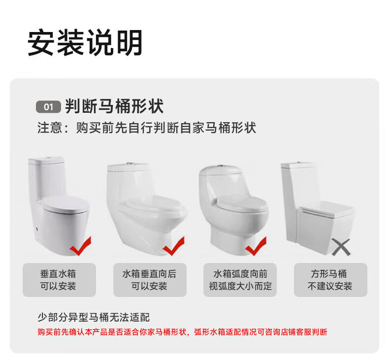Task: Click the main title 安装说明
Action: click(85, 42)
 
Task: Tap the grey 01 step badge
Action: click(48, 107)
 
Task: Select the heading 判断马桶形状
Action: click(114, 106)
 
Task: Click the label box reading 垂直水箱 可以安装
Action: click(59, 280)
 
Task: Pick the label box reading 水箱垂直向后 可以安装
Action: click(150, 280)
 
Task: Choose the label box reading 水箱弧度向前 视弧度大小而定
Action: click(240, 280)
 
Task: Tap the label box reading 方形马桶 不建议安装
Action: click(330, 280)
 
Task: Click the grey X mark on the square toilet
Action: click(341, 247)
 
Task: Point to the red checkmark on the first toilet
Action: click(80, 246)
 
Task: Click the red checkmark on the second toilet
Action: click(174, 246)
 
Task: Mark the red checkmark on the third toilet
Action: click(256, 246)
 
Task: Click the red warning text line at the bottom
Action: click(182, 332)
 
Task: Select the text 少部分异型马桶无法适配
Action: click(94, 317)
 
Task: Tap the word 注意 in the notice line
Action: click(50, 128)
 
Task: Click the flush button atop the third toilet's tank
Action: click(220, 166)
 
